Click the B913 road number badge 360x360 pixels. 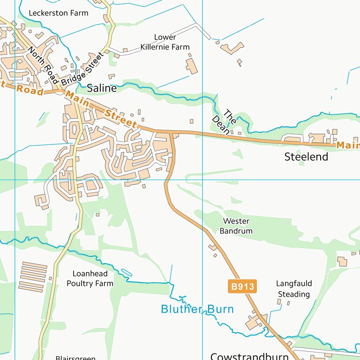[243, 286]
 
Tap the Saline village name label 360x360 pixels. [102, 88]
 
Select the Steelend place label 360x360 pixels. [306, 157]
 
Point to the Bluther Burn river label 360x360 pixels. [197, 309]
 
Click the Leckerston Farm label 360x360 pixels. [58, 13]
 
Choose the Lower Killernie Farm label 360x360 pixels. [165, 42]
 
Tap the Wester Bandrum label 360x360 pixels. [236, 226]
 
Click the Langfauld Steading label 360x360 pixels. [294, 289]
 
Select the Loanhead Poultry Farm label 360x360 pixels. [90, 278]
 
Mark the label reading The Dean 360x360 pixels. [224, 122]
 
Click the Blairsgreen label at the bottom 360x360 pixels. [75, 358]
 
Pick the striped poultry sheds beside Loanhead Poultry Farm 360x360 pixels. [33, 277]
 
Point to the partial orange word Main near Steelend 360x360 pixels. [348, 146]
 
